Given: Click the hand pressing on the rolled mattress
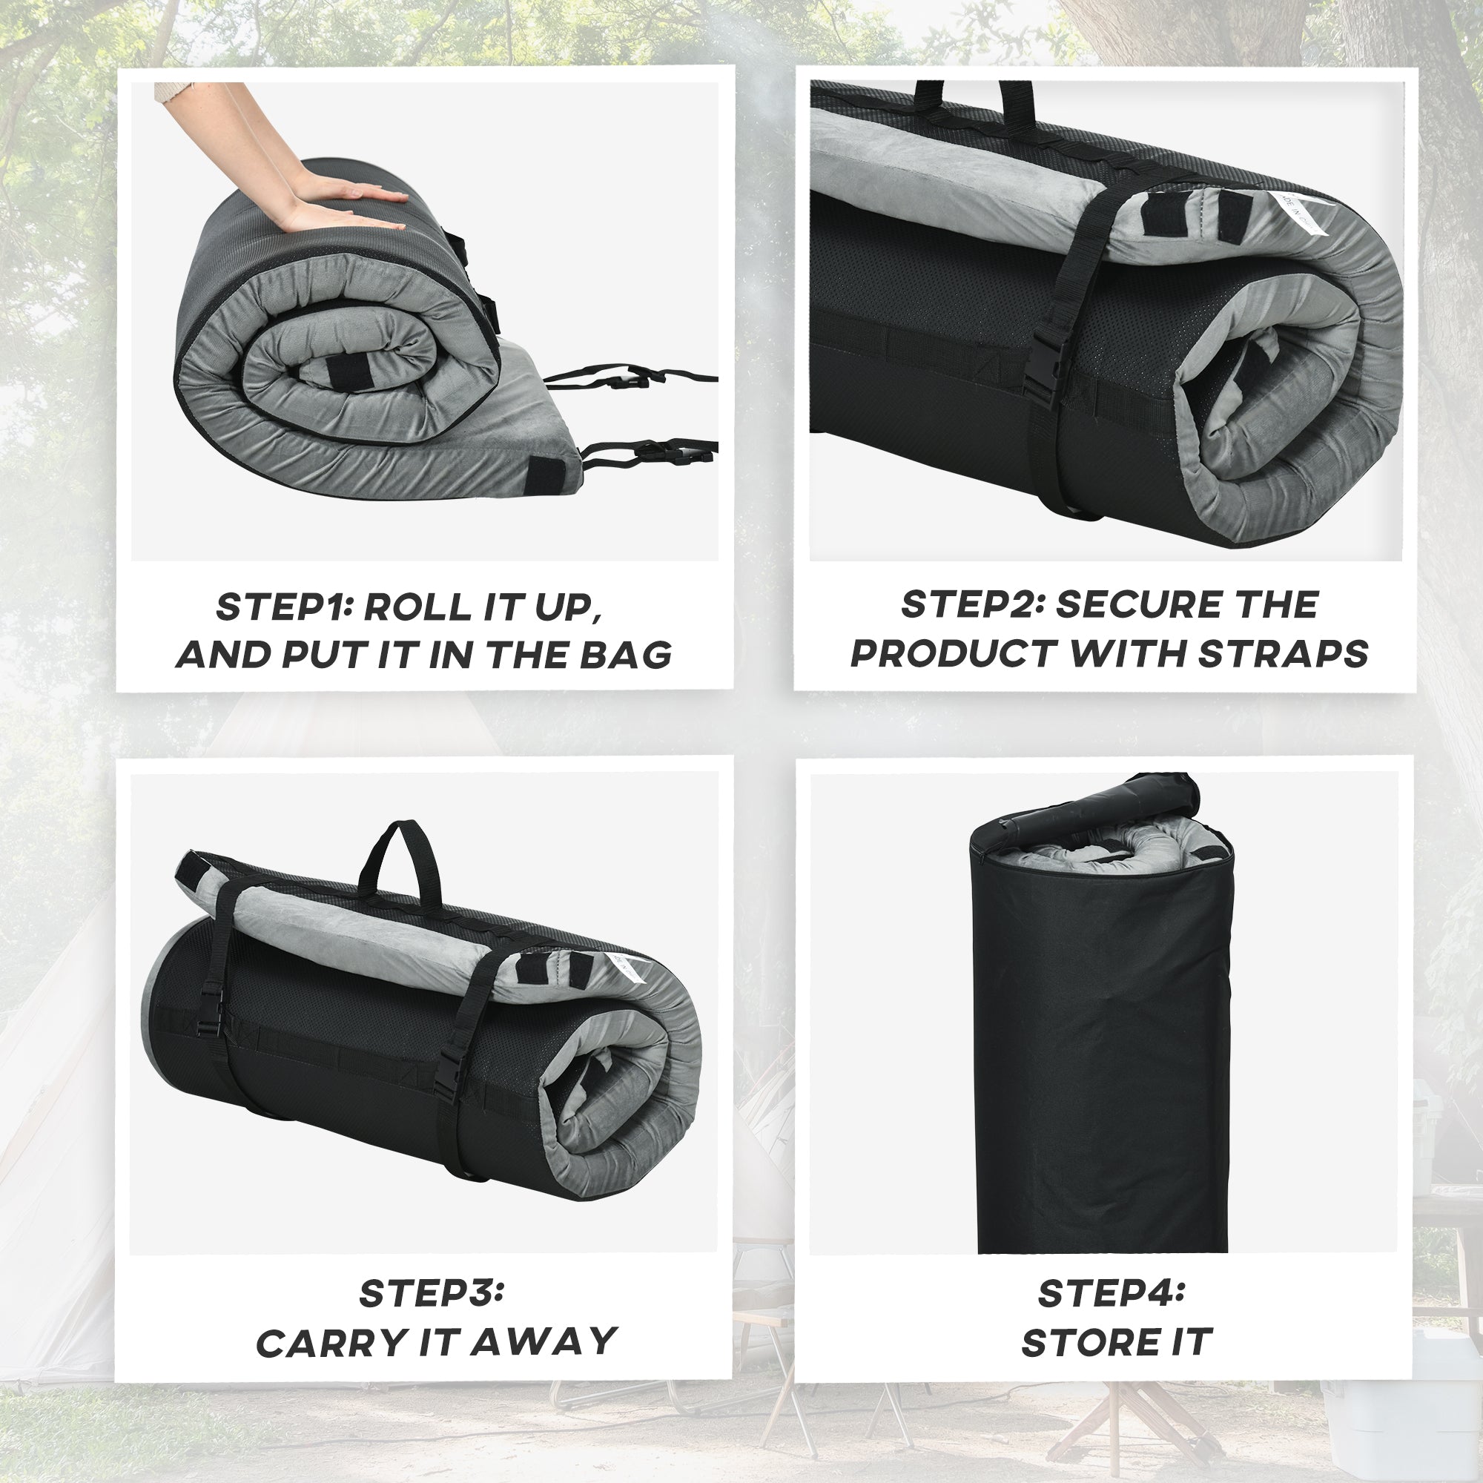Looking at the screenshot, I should [337, 203].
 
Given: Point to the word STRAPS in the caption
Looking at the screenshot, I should [1283, 654].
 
